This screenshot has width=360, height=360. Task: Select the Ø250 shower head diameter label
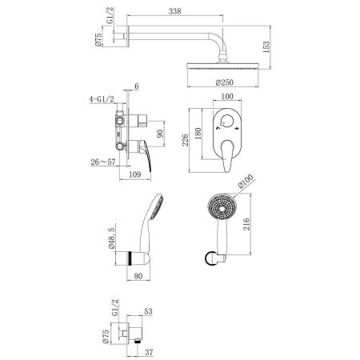tap(225, 82)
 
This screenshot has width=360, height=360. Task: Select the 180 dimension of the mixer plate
tap(200, 133)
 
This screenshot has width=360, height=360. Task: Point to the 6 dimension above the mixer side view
tap(137, 87)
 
